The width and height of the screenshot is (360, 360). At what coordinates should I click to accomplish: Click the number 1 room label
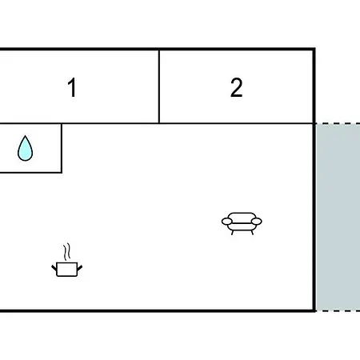[72, 87]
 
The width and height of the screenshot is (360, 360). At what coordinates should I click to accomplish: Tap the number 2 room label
[236, 87]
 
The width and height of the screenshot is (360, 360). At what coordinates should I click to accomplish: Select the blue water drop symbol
[25, 148]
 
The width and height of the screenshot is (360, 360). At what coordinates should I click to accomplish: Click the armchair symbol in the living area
[242, 223]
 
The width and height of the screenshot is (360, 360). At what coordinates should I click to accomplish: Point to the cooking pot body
[67, 270]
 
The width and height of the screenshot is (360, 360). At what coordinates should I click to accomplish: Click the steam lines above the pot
[67, 251]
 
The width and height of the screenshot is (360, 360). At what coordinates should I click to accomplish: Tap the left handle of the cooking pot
[54, 267]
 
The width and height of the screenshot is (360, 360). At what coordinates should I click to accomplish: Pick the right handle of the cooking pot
[80, 267]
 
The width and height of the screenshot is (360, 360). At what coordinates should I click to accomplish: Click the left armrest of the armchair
[226, 222]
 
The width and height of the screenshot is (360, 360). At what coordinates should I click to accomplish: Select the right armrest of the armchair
[257, 222]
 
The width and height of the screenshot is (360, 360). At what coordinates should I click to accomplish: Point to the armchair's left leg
[232, 233]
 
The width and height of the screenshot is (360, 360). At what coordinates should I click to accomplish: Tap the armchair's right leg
[252, 233]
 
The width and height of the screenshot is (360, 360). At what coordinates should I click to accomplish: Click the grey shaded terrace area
[338, 217]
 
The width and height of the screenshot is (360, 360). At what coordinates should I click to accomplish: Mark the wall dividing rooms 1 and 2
[159, 86]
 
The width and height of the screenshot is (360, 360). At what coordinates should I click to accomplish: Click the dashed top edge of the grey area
[338, 123]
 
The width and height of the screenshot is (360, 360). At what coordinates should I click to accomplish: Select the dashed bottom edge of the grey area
[338, 310]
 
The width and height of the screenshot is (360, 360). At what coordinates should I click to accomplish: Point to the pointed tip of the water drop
[26, 136]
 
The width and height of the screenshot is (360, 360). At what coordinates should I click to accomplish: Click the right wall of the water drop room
[62, 148]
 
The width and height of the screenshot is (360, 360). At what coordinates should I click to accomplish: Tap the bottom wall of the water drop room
[31, 173]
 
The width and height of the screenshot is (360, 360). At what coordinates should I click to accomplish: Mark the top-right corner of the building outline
[314, 50]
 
